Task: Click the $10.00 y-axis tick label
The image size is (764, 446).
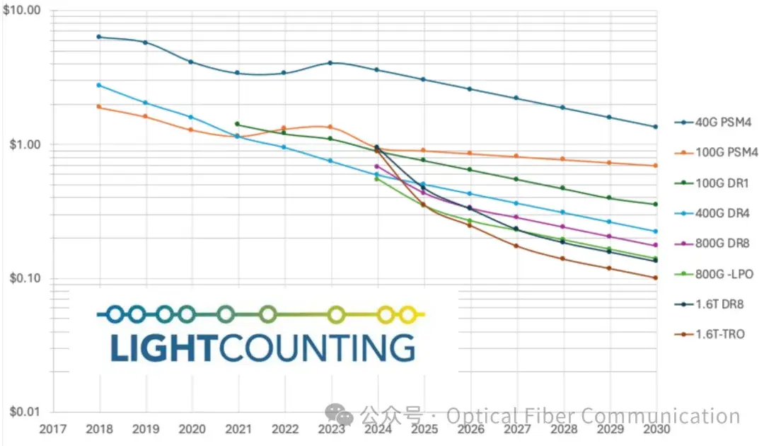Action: click(x=23, y=11)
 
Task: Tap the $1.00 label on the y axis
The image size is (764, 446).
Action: click(x=26, y=144)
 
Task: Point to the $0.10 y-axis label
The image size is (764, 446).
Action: click(x=26, y=278)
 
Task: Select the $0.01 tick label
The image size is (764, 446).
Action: click(x=26, y=411)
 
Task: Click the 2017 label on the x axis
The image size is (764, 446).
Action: click(x=54, y=429)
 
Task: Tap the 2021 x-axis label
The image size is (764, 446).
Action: click(x=238, y=429)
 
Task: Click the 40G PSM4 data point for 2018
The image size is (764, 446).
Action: click(x=99, y=37)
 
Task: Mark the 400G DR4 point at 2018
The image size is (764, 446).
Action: click(x=99, y=85)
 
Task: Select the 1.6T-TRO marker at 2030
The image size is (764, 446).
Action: click(x=656, y=278)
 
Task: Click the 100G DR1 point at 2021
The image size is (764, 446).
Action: click(x=237, y=124)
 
